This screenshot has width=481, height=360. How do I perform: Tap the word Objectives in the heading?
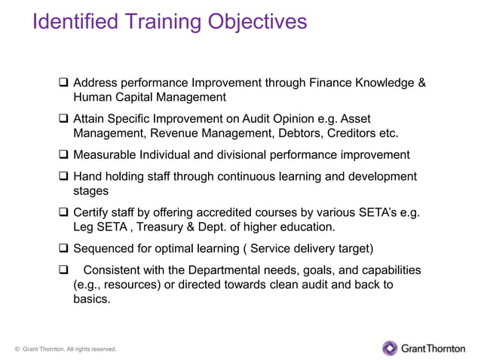tap(254, 21)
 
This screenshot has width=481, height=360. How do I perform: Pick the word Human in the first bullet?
tap(92, 97)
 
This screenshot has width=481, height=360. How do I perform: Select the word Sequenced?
tap(106, 249)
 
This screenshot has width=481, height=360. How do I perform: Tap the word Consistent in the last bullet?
tap(116, 270)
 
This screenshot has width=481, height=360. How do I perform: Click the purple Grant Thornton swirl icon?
tap(390, 348)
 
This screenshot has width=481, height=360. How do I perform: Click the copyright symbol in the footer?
tap(17, 349)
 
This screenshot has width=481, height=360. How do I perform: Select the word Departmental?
tap(218, 270)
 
